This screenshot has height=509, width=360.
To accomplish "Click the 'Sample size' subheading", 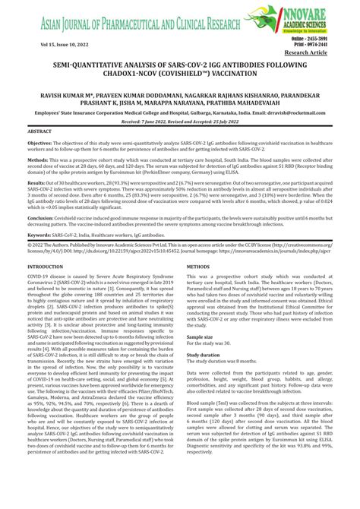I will point(201,336).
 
